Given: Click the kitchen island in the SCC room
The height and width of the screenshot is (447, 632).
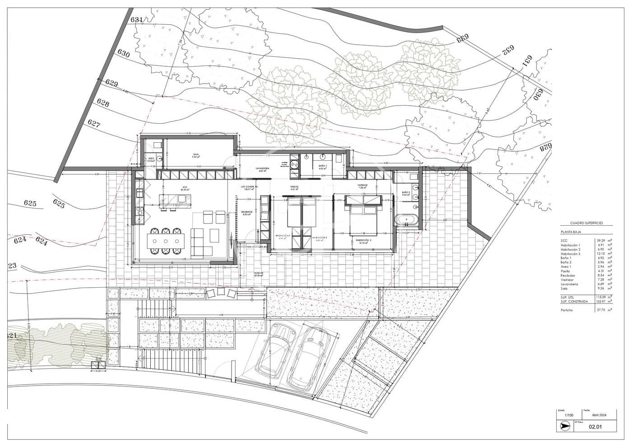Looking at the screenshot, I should pyautogui.click(x=174, y=200).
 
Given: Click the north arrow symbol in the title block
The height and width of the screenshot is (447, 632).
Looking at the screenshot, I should pyautogui.click(x=564, y=425).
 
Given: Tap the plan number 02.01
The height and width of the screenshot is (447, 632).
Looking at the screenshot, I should pyautogui.click(x=595, y=426).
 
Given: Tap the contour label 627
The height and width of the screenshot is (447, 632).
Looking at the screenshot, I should pyautogui.click(x=94, y=123).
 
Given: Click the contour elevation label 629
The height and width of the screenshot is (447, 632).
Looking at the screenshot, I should pyautogui.click(x=112, y=83).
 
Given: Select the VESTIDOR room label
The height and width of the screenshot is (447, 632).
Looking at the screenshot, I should pyautogui.click(x=363, y=186).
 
